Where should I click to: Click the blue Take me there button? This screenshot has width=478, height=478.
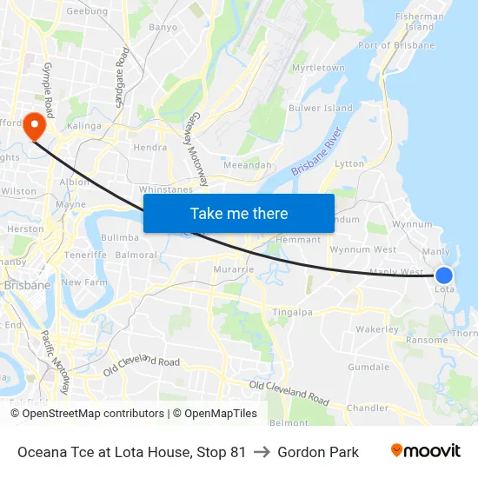pyautogui.click(x=238, y=213)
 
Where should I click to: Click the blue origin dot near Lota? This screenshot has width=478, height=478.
pyautogui.click(x=443, y=275)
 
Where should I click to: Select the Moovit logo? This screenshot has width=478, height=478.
pyautogui.click(x=425, y=451)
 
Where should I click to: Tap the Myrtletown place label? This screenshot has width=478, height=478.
pyautogui.click(x=318, y=68)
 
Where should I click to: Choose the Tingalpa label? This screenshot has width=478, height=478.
pyautogui.click(x=293, y=313)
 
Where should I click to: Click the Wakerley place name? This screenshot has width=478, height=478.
pyautogui.click(x=377, y=329)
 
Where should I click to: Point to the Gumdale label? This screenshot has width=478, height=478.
pyautogui.click(x=368, y=367)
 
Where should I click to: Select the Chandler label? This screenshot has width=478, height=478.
pyautogui.click(x=367, y=408)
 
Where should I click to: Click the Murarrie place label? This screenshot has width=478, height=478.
pyautogui.click(x=233, y=270)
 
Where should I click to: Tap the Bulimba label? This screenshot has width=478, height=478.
pyautogui.click(x=120, y=237)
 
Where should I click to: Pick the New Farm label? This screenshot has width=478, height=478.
pyautogui.click(x=83, y=282)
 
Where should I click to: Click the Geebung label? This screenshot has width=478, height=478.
pyautogui.click(x=87, y=11)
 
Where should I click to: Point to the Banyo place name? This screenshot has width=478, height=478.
pyautogui.click(x=163, y=27)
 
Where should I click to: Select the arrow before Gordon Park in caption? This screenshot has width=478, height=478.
pyautogui.click(x=262, y=452)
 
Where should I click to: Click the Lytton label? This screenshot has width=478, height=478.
pyautogui.click(x=349, y=163)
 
